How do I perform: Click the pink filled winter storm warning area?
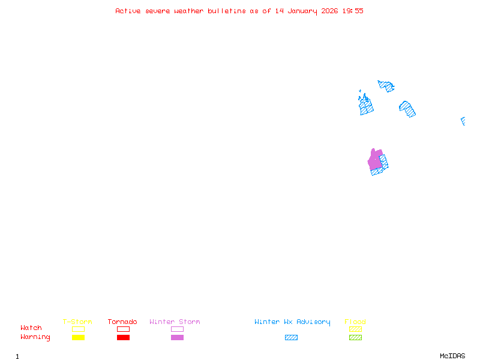point(375,160)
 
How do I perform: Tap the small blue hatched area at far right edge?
point(463,121)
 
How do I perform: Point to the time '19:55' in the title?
point(353,11)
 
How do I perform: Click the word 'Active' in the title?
point(128,11)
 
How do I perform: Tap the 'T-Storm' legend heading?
point(77,322)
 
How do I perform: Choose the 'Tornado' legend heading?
point(122,322)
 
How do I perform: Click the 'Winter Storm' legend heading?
point(175,322)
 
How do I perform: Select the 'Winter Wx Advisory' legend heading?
point(292,322)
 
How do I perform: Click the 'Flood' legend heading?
point(355,322)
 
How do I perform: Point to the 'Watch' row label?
point(31,328)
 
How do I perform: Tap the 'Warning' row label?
point(35,337)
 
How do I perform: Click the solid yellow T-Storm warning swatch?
point(78,337)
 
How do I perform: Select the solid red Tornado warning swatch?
point(123,337)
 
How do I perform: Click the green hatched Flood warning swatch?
point(355,337)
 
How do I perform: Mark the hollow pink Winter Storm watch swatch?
point(177,329)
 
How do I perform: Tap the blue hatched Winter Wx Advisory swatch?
point(291,337)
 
